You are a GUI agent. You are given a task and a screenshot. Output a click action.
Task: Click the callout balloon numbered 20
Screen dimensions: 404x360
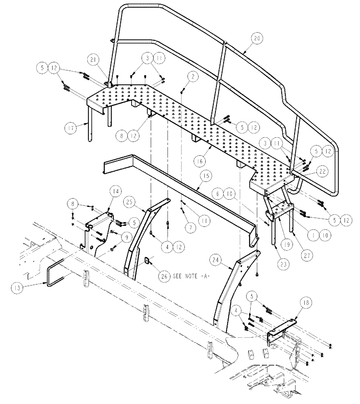pyautogui.click(x=257, y=39)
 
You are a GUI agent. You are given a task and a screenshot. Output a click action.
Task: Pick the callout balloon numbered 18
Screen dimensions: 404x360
pyautogui.click(x=304, y=304)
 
